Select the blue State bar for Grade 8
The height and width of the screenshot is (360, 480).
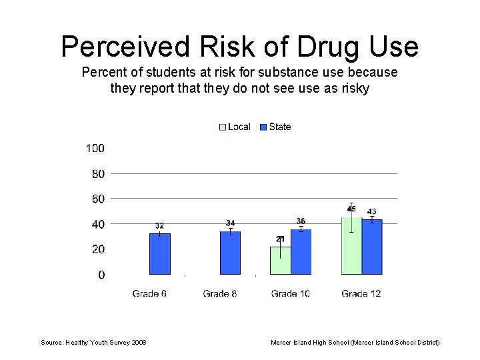click(230, 253)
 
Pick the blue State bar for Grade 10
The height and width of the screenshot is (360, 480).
click(301, 252)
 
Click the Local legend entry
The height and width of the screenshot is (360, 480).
click(235, 127)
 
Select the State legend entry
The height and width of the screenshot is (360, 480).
click(275, 127)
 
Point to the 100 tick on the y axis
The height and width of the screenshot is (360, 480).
click(95, 148)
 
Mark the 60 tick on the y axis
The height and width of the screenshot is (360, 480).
click(97, 199)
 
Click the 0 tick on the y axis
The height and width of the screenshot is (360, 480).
click(101, 275)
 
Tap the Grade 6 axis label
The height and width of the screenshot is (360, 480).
click(149, 293)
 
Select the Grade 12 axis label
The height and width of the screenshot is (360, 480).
click(361, 293)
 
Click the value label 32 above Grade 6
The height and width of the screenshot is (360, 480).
click(159, 226)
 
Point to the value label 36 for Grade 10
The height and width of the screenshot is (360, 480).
click(301, 221)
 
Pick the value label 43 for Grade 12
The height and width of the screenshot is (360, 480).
click(372, 211)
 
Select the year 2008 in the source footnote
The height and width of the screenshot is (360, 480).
click(139, 342)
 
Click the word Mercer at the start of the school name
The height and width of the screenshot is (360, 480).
click(281, 342)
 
